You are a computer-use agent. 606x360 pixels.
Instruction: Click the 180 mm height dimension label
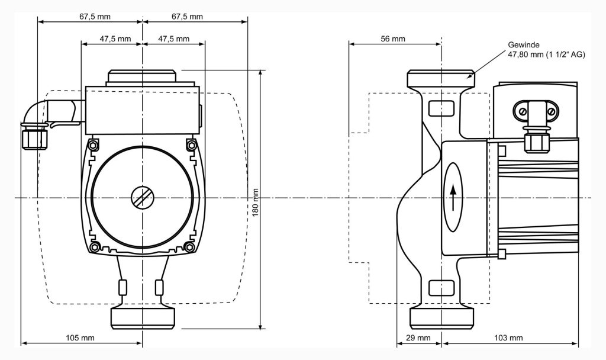click(256, 202)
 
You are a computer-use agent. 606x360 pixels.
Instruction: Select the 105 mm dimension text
click(80, 338)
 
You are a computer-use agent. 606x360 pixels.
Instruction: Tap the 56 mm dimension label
click(393, 39)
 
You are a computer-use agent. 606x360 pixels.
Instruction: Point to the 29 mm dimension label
click(419, 338)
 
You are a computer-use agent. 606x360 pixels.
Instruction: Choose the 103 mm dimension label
click(508, 338)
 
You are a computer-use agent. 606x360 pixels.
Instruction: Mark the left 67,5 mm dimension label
click(95, 17)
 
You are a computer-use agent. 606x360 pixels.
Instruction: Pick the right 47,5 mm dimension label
click(174, 39)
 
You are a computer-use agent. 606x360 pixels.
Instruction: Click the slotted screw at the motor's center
click(143, 197)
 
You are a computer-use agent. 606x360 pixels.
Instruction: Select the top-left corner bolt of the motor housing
click(93, 146)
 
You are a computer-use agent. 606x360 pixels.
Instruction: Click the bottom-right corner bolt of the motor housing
click(190, 246)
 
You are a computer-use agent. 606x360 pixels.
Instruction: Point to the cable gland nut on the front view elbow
click(33, 139)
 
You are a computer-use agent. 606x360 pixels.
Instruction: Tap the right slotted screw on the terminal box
click(550, 111)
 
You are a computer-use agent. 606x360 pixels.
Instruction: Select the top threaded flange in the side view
click(441, 79)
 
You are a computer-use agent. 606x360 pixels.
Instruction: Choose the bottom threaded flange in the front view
click(143, 317)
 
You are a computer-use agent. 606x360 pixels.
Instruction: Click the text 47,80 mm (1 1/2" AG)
click(546, 54)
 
